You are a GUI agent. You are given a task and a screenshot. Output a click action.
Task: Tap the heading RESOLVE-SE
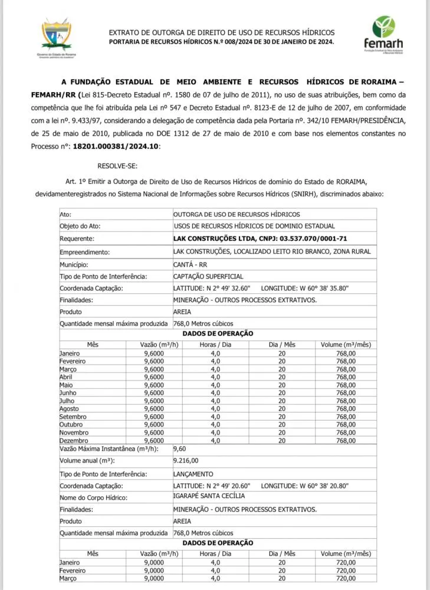pos(117,166)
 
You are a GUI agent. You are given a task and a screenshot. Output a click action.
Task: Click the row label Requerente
pos(77,239)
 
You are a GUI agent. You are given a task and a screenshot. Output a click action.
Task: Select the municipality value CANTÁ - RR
pos(190,264)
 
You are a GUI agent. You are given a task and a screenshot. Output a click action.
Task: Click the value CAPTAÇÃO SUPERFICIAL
pos(208,276)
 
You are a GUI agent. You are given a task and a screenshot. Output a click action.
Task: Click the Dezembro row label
pos(74,440)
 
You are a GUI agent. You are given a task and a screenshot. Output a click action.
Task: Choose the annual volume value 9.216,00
pos(186,460)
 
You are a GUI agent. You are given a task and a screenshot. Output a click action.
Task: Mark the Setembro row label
pos(73,417)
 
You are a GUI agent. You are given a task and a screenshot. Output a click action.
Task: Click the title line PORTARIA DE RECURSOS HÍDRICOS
pos(221,42)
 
